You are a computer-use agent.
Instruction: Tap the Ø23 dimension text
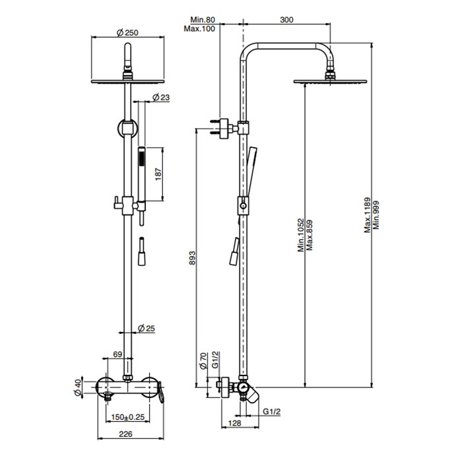[161, 98]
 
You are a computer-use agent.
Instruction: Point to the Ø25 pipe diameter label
[146, 329]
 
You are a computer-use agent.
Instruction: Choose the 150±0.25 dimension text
[127, 418]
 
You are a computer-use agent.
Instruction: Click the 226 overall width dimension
[127, 434]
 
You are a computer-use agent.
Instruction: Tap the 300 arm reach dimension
[286, 20]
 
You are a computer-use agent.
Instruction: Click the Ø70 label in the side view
[205, 362]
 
